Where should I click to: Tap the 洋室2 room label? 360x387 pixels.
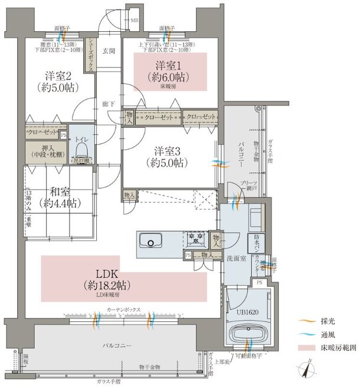(x=59, y=76)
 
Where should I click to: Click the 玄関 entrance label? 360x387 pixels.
(x=108, y=51)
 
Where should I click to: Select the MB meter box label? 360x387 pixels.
(x=135, y=22)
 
